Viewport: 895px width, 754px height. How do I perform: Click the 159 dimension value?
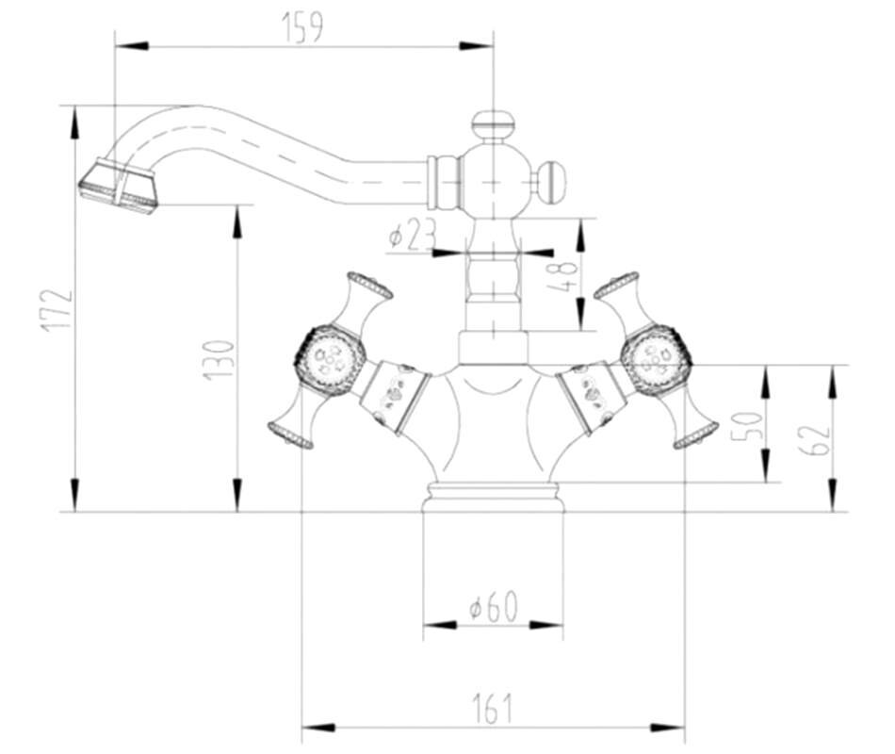tap(302, 26)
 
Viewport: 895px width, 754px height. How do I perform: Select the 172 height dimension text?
tap(57, 310)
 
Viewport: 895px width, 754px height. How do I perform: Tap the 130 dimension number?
tap(219, 360)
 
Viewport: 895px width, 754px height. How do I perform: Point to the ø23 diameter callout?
tap(412, 235)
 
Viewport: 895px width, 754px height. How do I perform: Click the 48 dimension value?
tap(561, 278)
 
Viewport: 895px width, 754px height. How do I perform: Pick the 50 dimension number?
tap(747, 424)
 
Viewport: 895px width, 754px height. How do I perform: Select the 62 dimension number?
tap(813, 438)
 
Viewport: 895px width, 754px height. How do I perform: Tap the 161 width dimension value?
tap(493, 708)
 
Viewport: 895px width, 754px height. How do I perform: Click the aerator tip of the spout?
tap(119, 186)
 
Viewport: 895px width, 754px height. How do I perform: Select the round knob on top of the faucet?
tap(493, 123)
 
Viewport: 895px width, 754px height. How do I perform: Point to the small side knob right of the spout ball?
tap(551, 182)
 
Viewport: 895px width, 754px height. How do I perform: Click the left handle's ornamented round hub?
tap(330, 360)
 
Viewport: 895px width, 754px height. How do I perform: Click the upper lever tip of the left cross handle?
tap(370, 285)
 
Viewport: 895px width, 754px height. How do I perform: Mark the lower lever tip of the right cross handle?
tap(695, 435)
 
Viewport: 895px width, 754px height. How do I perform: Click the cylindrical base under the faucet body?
tap(493, 497)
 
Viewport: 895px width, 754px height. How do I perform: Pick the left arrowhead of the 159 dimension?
tap(132, 45)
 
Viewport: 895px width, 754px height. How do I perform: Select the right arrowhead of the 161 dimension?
tap(667, 728)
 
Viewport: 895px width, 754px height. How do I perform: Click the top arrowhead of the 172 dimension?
tap(74, 123)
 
